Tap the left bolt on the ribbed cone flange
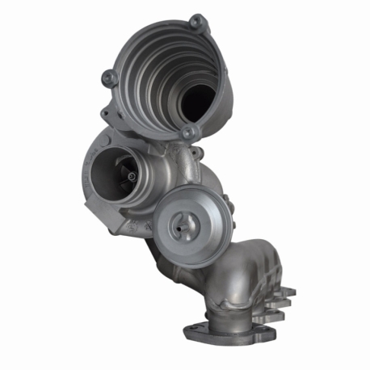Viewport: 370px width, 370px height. [108, 78]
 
